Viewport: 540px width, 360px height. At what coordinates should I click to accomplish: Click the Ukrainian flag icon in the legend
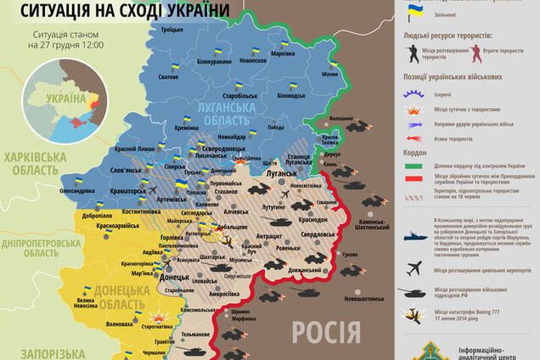[x=414, y=12]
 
